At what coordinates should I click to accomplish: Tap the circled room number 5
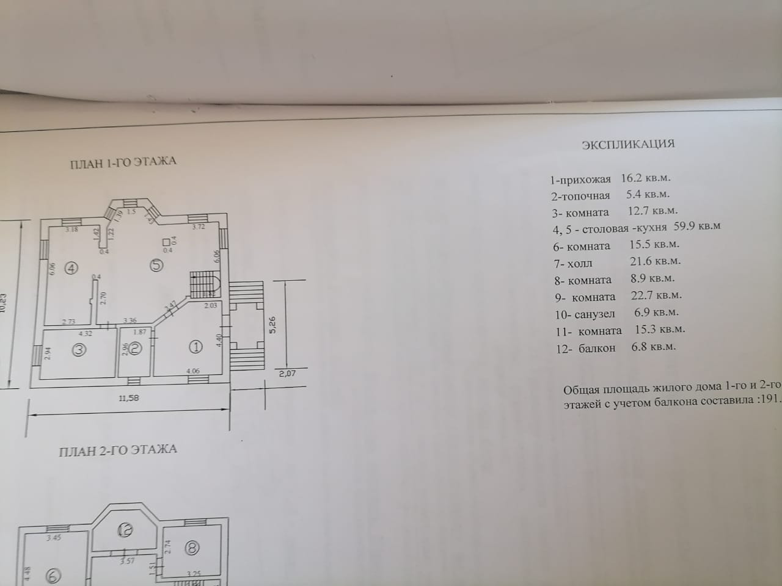(x=156, y=265)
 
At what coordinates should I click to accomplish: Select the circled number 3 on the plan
(x=79, y=349)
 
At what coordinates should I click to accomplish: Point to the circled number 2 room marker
(x=136, y=349)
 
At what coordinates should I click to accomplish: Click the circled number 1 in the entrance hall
(x=195, y=347)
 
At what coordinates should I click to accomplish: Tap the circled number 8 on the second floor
(x=192, y=548)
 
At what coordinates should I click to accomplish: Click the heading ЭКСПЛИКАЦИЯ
(x=628, y=144)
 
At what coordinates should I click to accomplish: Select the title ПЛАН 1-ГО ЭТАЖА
(x=124, y=162)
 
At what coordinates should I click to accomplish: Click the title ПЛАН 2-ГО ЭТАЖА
(x=118, y=450)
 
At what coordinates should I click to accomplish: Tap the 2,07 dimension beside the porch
(x=287, y=374)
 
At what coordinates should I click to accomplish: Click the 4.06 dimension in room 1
(x=192, y=371)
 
